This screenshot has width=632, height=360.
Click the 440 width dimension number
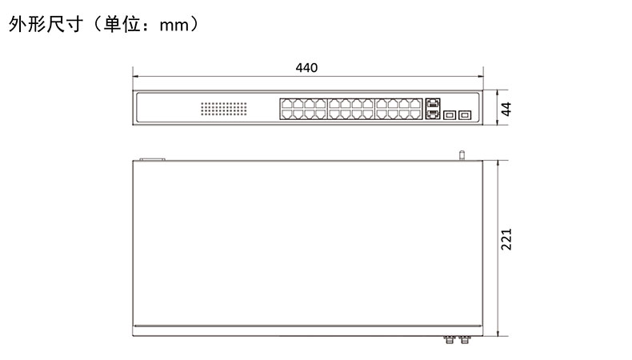click(306, 68)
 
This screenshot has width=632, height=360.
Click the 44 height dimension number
click(506, 109)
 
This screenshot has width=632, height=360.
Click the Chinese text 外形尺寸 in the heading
click(43, 26)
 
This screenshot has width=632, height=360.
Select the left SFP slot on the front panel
click(449, 114)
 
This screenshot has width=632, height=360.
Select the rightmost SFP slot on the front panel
click(464, 114)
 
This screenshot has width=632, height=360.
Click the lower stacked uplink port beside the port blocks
click(432, 114)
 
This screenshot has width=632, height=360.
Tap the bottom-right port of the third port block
click(415, 114)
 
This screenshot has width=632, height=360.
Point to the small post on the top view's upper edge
click(461, 154)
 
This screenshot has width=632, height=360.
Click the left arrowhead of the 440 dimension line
click(135, 76)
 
